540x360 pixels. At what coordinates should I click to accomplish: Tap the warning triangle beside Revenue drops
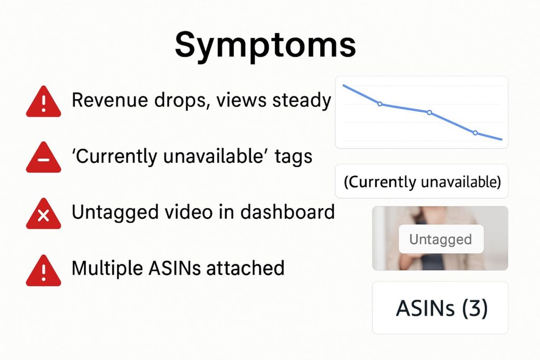(x=43, y=102)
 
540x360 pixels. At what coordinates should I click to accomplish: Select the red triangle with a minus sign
(x=43, y=158)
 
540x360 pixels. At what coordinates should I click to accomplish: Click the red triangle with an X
(x=43, y=214)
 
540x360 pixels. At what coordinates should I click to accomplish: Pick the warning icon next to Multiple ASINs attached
(x=43, y=270)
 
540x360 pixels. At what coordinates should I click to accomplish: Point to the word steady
(x=302, y=101)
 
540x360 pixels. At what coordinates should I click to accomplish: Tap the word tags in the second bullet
(x=293, y=157)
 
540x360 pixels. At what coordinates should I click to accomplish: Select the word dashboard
(x=287, y=212)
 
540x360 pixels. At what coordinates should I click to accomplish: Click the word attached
(x=245, y=268)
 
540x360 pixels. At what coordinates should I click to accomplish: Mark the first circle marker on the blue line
(x=380, y=104)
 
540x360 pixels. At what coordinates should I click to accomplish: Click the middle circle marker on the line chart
(x=429, y=113)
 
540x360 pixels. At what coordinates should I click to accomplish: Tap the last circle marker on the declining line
(x=475, y=133)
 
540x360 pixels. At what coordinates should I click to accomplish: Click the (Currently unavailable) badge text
(x=422, y=181)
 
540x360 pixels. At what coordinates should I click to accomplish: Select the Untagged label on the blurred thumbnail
(x=440, y=239)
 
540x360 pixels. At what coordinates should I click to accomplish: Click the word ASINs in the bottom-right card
(x=426, y=308)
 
